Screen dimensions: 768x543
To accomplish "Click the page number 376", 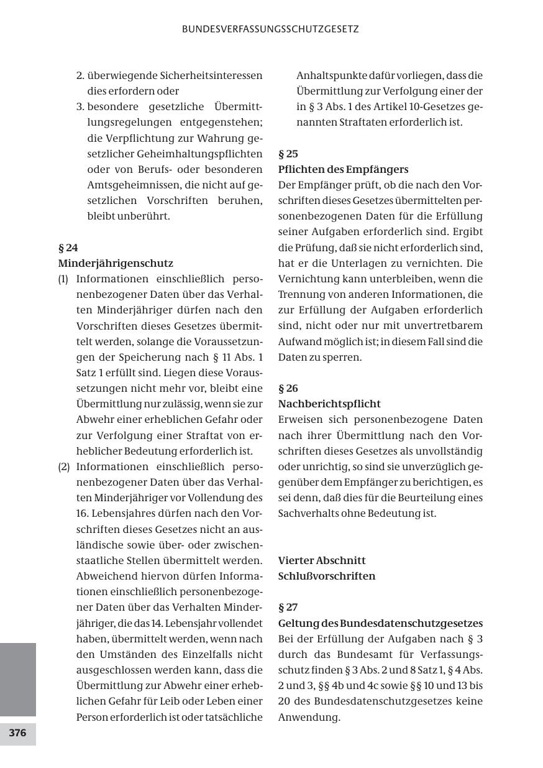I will coord(17,733).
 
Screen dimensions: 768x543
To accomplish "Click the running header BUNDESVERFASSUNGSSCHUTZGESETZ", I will coord(270,29).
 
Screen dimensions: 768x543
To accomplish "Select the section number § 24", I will coord(68,248).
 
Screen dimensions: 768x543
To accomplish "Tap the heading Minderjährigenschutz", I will coord(116,263).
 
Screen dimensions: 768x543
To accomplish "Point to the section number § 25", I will coord(288,154).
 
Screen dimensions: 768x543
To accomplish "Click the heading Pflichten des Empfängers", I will coord(343,169).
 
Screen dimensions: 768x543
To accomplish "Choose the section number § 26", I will coord(288,389).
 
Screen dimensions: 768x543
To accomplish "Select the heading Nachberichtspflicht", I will coord(329,404).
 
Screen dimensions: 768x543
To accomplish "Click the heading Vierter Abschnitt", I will coord(322,560).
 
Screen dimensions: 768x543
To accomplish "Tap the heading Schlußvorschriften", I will coord(327,576).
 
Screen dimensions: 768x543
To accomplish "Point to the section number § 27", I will coord(288,608).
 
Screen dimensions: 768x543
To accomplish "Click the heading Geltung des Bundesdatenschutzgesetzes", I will coord(380,623).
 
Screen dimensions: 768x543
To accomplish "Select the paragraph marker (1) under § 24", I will coord(63,279).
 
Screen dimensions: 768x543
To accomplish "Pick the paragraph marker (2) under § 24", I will coord(63,467).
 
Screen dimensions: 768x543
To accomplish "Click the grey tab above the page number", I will coord(17,680).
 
